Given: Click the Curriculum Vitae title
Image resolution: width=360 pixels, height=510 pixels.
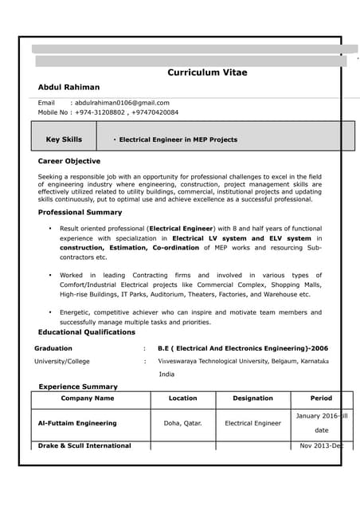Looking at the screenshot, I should point(207,73).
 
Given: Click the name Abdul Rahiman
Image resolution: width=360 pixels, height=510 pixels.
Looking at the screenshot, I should point(69,87).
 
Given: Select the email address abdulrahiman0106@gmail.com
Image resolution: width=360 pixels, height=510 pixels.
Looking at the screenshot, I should point(122,103).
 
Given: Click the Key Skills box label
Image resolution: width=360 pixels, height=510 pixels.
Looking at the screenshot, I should point(64,139).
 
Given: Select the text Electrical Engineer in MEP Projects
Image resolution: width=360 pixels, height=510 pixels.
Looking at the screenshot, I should point(178,139).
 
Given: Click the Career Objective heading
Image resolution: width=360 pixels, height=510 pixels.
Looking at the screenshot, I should point(69,161).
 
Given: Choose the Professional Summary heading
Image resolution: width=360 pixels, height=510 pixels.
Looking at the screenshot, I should point(80,213).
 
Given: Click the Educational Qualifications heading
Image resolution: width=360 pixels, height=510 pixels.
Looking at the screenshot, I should point(87,332).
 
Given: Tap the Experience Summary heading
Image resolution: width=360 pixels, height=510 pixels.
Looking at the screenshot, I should point(78,386).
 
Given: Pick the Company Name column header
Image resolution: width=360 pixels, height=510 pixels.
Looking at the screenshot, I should point(88,398).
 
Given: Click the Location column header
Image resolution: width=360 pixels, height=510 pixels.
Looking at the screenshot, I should point(182,398).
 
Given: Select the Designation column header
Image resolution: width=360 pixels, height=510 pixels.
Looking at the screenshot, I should point(252,398).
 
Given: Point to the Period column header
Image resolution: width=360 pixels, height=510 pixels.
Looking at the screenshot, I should point(321,398).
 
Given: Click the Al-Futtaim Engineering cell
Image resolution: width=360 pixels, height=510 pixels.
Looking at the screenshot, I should point(77,423).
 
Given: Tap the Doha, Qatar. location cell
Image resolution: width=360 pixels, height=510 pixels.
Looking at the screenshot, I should point(182,423).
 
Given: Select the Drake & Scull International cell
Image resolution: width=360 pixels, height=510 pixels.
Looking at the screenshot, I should point(84,445).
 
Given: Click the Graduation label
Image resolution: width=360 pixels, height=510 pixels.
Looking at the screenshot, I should point(53,348).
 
